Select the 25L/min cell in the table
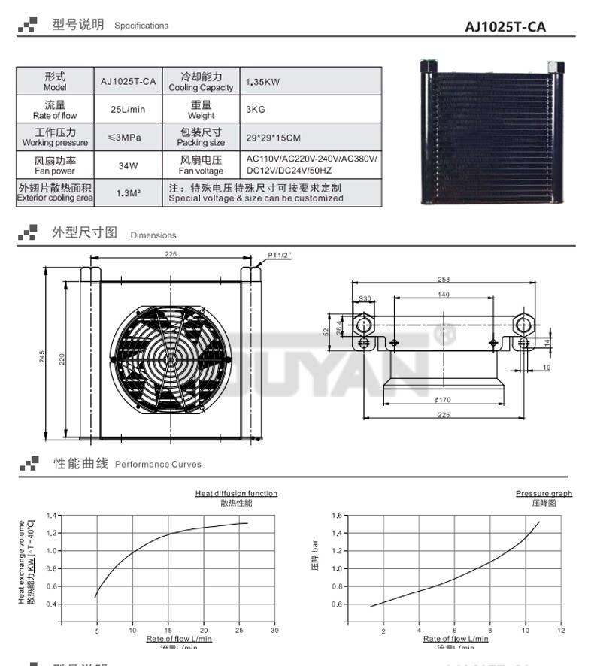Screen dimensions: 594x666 click(128, 109)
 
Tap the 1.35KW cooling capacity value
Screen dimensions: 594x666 click(262, 82)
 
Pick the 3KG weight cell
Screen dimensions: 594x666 click(256, 109)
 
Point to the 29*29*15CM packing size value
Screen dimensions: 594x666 click(273, 137)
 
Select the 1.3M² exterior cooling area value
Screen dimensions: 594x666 click(128, 192)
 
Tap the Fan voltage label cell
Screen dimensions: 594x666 click(201, 165)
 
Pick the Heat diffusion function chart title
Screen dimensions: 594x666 click(236, 493)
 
